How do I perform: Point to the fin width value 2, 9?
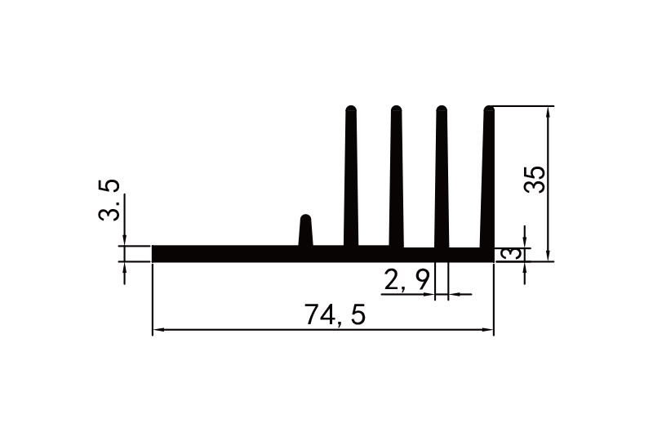(406, 281)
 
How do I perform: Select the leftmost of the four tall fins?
(352, 180)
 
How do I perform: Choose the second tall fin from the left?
(397, 180)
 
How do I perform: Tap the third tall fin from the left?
(442, 180)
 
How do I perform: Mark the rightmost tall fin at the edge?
(489, 180)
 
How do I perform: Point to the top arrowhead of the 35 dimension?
(548, 112)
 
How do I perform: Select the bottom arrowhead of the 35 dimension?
(548, 256)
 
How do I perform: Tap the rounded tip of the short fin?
(306, 219)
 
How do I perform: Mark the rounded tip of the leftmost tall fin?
(352, 109)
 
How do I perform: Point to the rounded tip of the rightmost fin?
(490, 109)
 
